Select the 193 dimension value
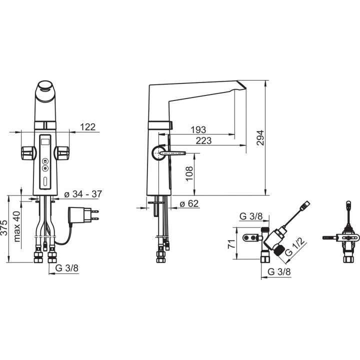coord(198,130)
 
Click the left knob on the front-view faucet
coord(27,152)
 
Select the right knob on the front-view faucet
coord(62,152)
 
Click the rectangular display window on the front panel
coord(45,142)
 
